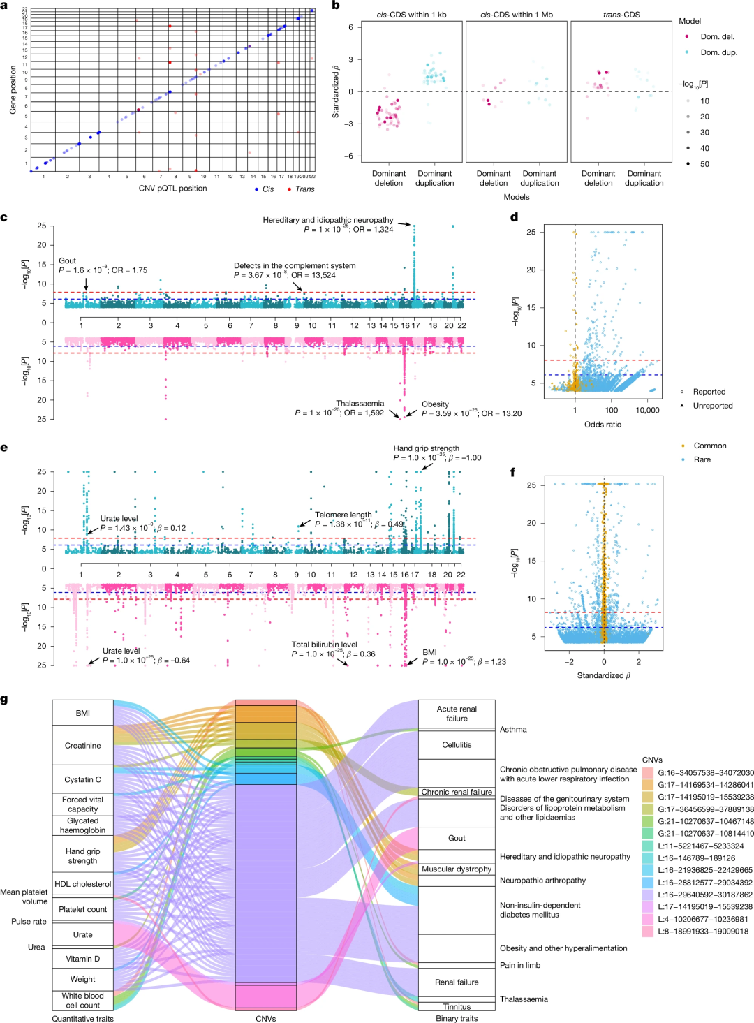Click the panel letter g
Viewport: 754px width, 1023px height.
[5, 699]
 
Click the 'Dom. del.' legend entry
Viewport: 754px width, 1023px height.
[718, 36]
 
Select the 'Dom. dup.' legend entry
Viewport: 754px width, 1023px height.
[718, 52]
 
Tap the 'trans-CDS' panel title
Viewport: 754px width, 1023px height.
[621, 15]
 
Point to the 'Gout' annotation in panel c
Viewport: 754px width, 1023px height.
[68, 261]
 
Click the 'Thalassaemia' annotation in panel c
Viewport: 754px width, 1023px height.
[360, 404]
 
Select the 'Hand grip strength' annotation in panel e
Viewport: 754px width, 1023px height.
[426, 448]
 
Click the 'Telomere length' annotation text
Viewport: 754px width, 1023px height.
[343, 515]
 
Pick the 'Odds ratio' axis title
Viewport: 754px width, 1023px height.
[603, 425]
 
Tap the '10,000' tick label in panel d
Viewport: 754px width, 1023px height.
[647, 411]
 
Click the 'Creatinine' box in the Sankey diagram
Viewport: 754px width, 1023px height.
[82, 746]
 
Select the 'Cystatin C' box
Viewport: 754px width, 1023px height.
[82, 779]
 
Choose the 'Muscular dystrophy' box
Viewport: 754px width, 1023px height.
[457, 869]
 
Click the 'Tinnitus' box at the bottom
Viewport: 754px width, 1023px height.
[457, 1007]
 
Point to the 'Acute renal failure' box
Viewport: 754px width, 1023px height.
[457, 714]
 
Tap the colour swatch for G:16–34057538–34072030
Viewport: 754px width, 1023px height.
[648, 773]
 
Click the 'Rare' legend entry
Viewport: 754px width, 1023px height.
[702, 459]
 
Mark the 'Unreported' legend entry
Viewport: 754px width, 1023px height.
[712, 406]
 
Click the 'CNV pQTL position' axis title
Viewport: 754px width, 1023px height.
[172, 189]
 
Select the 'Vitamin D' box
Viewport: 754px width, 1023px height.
[82, 959]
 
